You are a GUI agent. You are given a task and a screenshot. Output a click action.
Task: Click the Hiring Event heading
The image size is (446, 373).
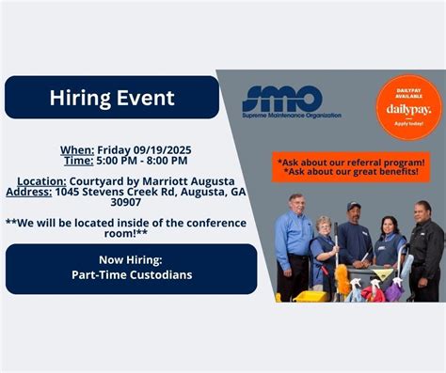[111, 98]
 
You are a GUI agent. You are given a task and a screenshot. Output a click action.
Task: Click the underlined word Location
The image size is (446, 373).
[41, 180]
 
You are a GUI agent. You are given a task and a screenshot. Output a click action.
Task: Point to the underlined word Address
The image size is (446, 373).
[28, 191]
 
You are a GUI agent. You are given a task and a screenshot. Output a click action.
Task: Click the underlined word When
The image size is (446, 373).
[77, 148]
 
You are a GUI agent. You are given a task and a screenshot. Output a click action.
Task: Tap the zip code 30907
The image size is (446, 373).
[125, 202]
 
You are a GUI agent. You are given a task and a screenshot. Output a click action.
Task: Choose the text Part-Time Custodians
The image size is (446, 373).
[131, 274]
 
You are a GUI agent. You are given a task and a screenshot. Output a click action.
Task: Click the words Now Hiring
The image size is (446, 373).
[131, 260]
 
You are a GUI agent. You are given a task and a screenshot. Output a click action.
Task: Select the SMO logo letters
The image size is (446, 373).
[282, 98]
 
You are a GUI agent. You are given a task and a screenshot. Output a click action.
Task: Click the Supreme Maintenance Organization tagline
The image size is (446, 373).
[292, 116]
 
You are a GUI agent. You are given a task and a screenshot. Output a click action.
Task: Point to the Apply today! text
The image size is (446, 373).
[408, 124]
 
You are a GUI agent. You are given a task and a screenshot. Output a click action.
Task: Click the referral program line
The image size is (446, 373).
[351, 161]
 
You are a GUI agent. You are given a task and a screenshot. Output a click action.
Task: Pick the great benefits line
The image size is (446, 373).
[351, 172]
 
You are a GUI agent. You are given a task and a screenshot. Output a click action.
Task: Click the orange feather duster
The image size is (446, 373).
[342, 280]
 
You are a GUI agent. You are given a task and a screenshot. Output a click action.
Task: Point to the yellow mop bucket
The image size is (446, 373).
[311, 295]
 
